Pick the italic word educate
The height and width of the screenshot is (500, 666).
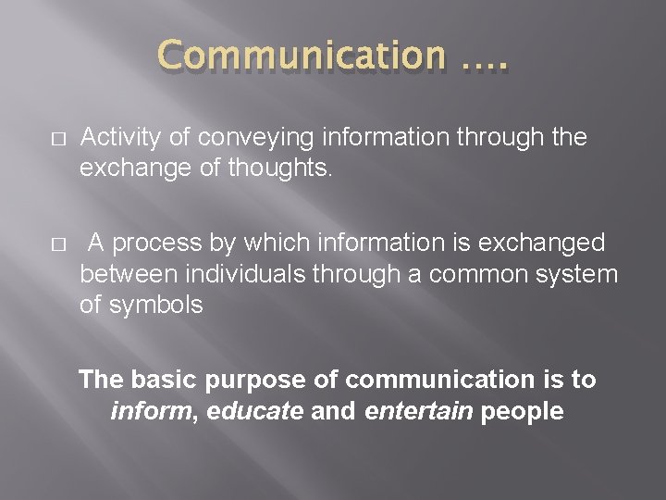[x=254, y=410]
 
